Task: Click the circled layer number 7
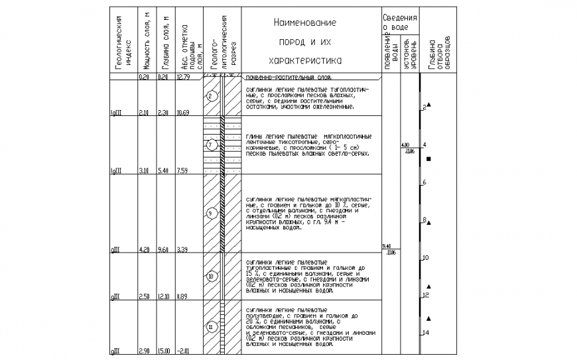pos(210,145)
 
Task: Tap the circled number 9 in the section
pos(210,213)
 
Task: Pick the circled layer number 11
pos(210,327)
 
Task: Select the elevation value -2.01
pos(183,351)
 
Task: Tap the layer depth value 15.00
pos(163,351)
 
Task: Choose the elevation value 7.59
pos(183,171)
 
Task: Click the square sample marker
pos(429,159)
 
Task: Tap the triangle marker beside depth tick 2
pos(429,105)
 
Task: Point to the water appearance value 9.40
pos(388,247)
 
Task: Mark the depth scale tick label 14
pos(426,332)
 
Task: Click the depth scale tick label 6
pos(424,182)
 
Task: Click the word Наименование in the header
pos(304,23)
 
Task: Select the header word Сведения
pos(400,17)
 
